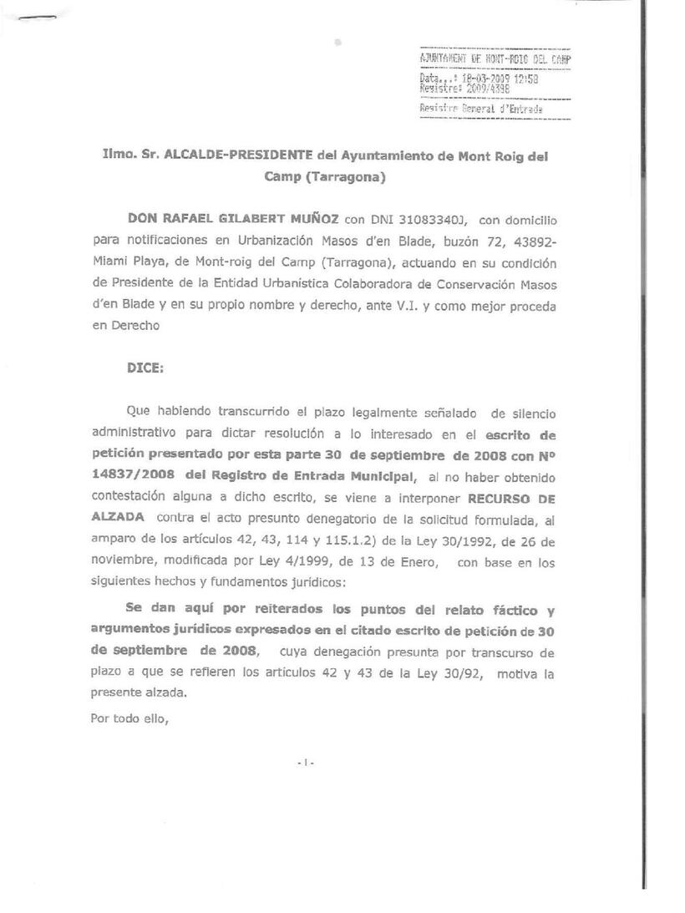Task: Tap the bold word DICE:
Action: pos(145,368)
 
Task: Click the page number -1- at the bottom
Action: pos(304,761)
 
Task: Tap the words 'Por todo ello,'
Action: pos(129,716)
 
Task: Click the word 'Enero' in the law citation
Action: pos(416,563)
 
